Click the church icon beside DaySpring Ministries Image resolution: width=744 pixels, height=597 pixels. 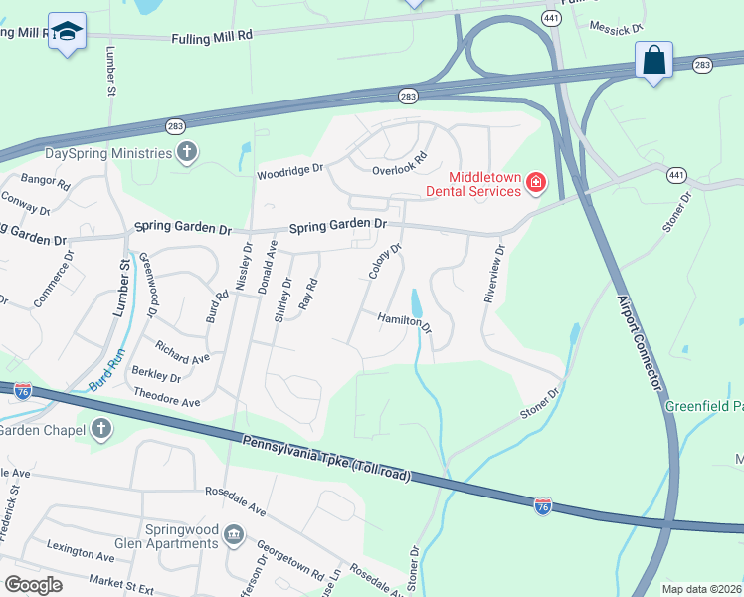tap(186, 153)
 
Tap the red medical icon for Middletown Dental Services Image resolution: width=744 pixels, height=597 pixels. tap(535, 182)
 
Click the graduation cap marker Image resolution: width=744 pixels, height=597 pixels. tap(68, 32)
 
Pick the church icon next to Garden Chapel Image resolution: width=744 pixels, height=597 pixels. tap(99, 428)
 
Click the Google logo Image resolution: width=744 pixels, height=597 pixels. tap(33, 585)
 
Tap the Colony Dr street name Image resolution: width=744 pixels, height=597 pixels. tap(384, 262)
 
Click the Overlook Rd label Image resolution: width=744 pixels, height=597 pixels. tap(399, 163)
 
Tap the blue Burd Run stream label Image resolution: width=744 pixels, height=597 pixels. tap(105, 369)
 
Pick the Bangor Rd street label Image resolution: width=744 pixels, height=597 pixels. tap(45, 182)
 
